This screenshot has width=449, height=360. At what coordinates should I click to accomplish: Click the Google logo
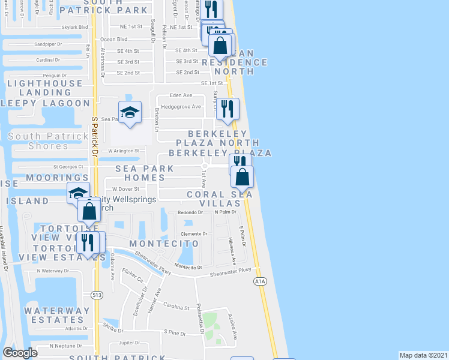[x=20, y=353]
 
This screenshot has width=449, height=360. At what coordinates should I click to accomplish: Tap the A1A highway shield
[x=259, y=280]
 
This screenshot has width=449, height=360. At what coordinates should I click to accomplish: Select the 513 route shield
[x=97, y=295]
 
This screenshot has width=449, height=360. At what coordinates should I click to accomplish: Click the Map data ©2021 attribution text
[x=423, y=355]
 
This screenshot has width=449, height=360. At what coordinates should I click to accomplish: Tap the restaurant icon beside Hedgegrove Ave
[x=228, y=108]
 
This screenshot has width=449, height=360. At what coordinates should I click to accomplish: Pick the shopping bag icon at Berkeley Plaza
[x=243, y=176]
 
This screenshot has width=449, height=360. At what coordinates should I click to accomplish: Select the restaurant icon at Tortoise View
[x=90, y=242]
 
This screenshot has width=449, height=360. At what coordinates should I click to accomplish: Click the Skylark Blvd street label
[x=74, y=27]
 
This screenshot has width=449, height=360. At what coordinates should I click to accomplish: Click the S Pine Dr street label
[x=175, y=331]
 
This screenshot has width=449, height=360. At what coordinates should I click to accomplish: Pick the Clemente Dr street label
[x=196, y=234]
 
